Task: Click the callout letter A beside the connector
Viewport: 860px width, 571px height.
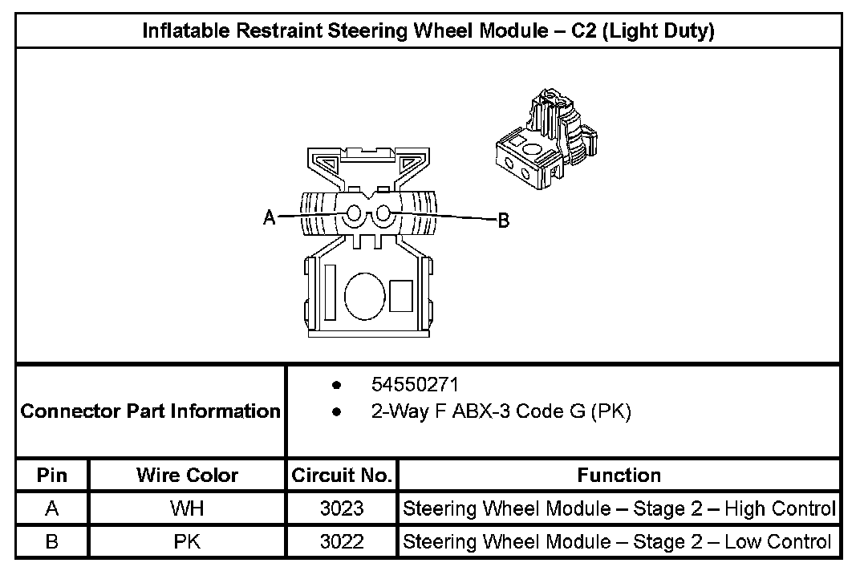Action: click(x=270, y=217)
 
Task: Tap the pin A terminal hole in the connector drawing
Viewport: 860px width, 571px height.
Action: click(x=354, y=215)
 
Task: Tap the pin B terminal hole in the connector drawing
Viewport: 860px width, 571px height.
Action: click(x=383, y=214)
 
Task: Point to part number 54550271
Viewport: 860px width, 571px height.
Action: click(x=415, y=384)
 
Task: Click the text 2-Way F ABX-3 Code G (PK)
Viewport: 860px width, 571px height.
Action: click(x=501, y=412)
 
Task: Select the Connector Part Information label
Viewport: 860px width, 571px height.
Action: click(x=151, y=411)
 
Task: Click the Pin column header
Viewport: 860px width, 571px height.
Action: click(x=52, y=475)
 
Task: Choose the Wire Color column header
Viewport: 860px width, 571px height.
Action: click(x=187, y=475)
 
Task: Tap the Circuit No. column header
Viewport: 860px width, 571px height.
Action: click(x=342, y=475)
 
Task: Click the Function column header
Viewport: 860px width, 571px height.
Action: click(x=619, y=475)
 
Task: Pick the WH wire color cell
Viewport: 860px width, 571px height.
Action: click(x=187, y=508)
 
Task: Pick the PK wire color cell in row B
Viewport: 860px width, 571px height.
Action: click(x=187, y=541)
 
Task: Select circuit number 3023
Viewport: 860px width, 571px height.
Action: click(x=342, y=508)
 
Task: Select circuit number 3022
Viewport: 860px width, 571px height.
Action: click(x=342, y=541)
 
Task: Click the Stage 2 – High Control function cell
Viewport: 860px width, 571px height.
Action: click(x=619, y=508)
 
